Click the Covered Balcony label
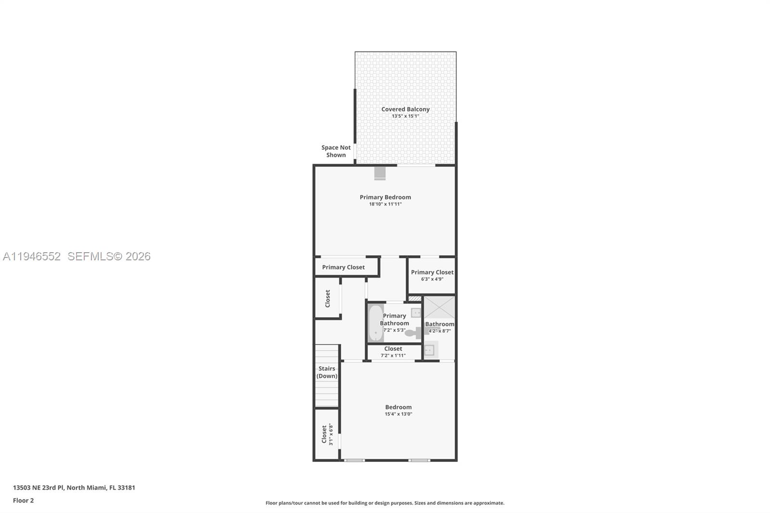pos(405,109)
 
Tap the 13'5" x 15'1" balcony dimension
pos(405,116)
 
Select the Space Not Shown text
pos(336,151)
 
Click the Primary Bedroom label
pos(385,197)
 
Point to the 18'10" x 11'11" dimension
pos(385,204)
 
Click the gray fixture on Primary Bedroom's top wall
pos(380,173)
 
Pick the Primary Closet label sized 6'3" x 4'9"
pos(432,272)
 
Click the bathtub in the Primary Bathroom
pos(375,322)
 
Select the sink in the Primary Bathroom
pos(416,313)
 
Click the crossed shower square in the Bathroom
pos(439,308)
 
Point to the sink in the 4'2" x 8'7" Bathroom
pos(430,350)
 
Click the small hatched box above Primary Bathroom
pos(414,299)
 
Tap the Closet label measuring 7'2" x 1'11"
pos(393,349)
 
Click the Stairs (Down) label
pos(327,372)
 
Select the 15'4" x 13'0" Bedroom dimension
pos(398,414)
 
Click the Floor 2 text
pos(23,500)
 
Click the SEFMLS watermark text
pos(109,256)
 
